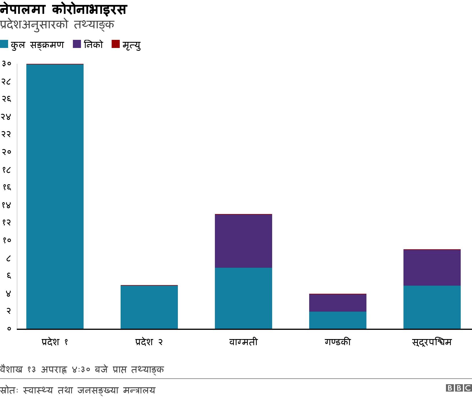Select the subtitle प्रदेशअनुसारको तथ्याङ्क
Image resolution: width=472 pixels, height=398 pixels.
pyautogui.click(x=57, y=25)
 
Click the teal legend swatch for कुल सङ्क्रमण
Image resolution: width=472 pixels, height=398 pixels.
pyautogui.click(x=4, y=44)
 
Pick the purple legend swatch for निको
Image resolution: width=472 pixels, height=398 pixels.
pyautogui.click(x=77, y=44)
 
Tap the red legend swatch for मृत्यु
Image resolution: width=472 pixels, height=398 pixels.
pyautogui.click(x=115, y=44)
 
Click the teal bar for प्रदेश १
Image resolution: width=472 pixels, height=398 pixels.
pyautogui.click(x=55, y=196)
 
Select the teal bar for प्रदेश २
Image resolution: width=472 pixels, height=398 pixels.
pyautogui.click(x=149, y=307)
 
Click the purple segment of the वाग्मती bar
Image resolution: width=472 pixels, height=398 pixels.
pyautogui.click(x=244, y=241)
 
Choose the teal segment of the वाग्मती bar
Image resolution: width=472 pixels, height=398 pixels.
pyautogui.click(x=244, y=298)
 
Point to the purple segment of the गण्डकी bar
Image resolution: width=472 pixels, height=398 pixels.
pyautogui.click(x=338, y=303)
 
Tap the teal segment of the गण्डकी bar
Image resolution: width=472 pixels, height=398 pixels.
pyautogui.click(x=338, y=320)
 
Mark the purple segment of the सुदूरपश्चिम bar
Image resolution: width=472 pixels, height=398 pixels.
pyautogui.click(x=432, y=267)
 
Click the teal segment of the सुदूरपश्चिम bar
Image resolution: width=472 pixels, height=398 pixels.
pyautogui.click(x=432, y=307)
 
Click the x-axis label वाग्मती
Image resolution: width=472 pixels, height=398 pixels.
pyautogui.click(x=244, y=342)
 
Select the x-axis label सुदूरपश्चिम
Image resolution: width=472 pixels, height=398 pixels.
pyautogui.click(x=432, y=342)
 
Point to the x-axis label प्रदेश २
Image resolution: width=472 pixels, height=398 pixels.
pyautogui.click(x=149, y=342)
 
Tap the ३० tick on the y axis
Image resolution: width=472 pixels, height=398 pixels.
pyautogui.click(x=6, y=64)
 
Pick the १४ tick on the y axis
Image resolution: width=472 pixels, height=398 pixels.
pyautogui.click(x=6, y=205)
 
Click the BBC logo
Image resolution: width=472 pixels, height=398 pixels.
pyautogui.click(x=459, y=388)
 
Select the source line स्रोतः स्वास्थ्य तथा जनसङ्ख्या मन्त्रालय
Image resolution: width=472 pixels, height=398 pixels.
pyautogui.click(x=78, y=390)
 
